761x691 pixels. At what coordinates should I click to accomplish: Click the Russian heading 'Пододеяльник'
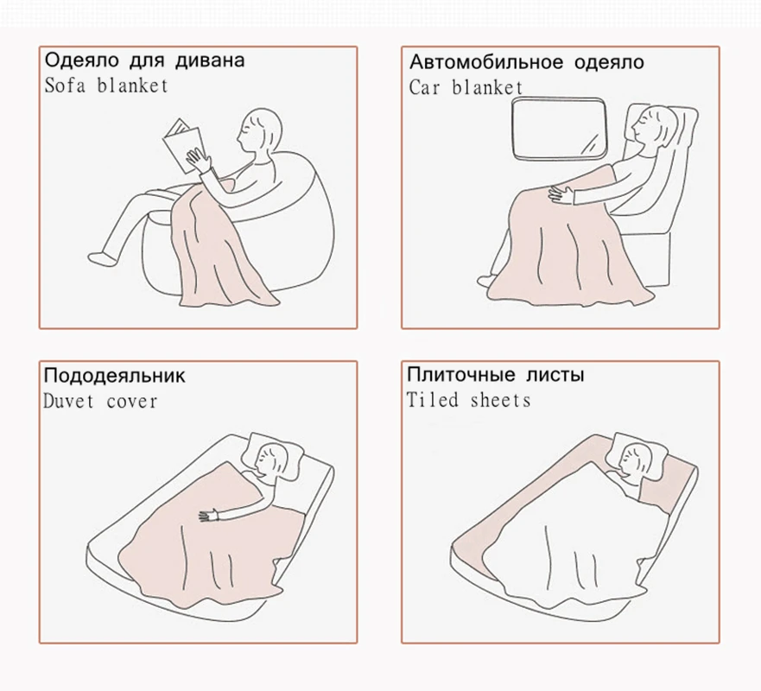pos(114,376)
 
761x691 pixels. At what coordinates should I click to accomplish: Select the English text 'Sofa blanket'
pos(105,86)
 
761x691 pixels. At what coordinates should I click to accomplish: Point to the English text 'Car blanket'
pos(466,87)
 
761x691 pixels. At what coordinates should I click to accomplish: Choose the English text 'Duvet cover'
pos(100,401)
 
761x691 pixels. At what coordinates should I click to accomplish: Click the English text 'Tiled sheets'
pos(468,400)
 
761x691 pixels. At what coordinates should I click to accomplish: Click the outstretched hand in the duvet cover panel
pos(207,517)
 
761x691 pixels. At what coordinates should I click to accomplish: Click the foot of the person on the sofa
pos(104,257)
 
